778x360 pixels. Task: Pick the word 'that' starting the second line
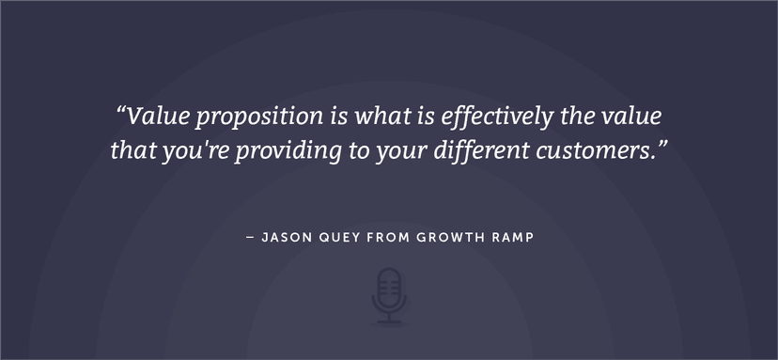point(131,151)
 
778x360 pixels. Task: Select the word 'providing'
point(278,151)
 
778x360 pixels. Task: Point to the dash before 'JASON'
point(249,238)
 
